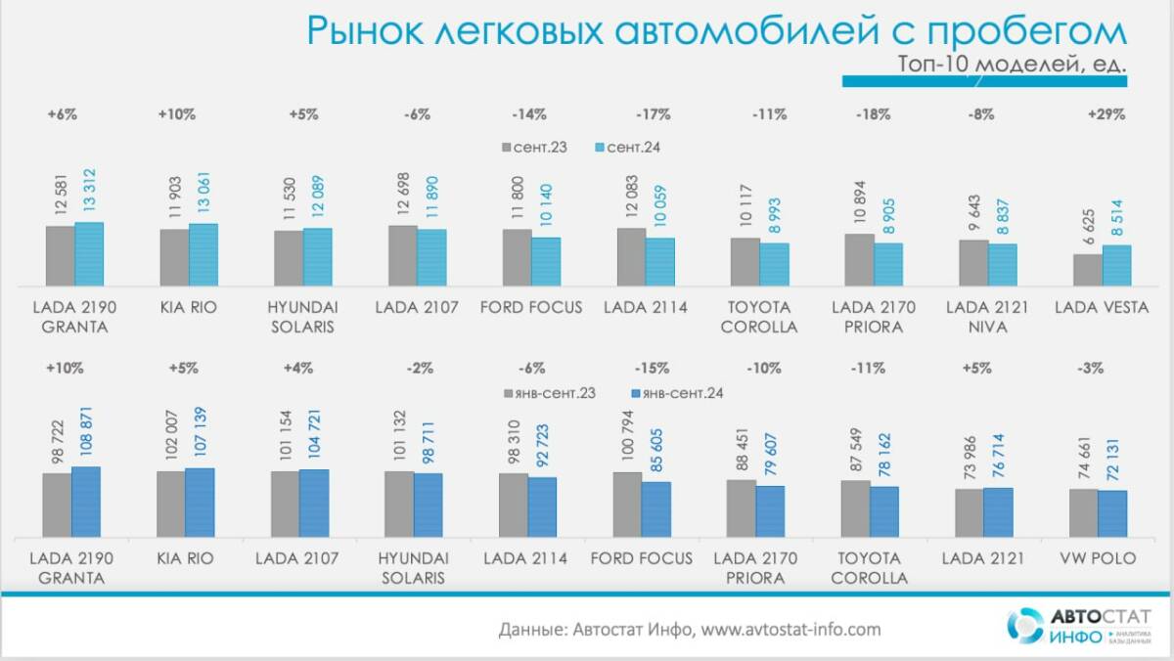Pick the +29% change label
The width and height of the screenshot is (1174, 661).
(x=1106, y=114)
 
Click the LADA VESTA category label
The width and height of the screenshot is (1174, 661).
(x=1103, y=308)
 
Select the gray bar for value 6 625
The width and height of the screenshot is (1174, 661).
(x=1087, y=270)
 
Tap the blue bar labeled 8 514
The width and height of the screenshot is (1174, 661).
(x=1116, y=265)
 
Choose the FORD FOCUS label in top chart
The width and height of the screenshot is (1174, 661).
(x=531, y=308)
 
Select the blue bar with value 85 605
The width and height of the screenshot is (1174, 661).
(x=656, y=508)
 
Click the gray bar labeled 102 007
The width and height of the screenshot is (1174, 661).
(x=171, y=504)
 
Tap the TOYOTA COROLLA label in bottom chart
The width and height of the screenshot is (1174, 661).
(x=869, y=568)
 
